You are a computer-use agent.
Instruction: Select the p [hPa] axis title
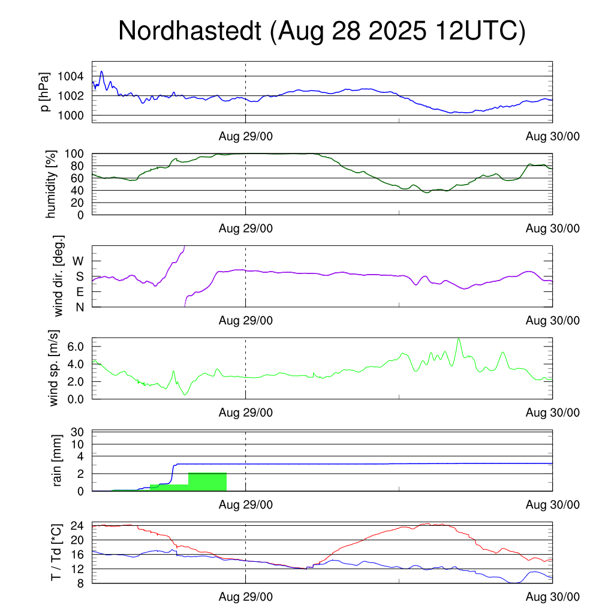[x=46, y=92]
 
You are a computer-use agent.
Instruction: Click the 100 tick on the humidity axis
[x=77, y=153]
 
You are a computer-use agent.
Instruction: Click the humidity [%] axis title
[x=52, y=183]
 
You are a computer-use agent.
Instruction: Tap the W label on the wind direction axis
[x=78, y=261]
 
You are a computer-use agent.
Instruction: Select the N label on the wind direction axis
[x=79, y=307]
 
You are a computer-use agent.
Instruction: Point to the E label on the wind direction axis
[x=79, y=292]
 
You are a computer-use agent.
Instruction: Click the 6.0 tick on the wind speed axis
[x=75, y=347]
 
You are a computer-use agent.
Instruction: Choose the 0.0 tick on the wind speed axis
[x=75, y=399]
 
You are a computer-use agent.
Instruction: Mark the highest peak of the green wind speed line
[x=459, y=339]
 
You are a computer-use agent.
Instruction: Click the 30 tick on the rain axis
[x=78, y=432]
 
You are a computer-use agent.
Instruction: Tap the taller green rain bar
[x=207, y=482]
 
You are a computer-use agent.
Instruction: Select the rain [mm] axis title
[x=58, y=460]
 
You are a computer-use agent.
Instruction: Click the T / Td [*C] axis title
[x=56, y=552]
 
